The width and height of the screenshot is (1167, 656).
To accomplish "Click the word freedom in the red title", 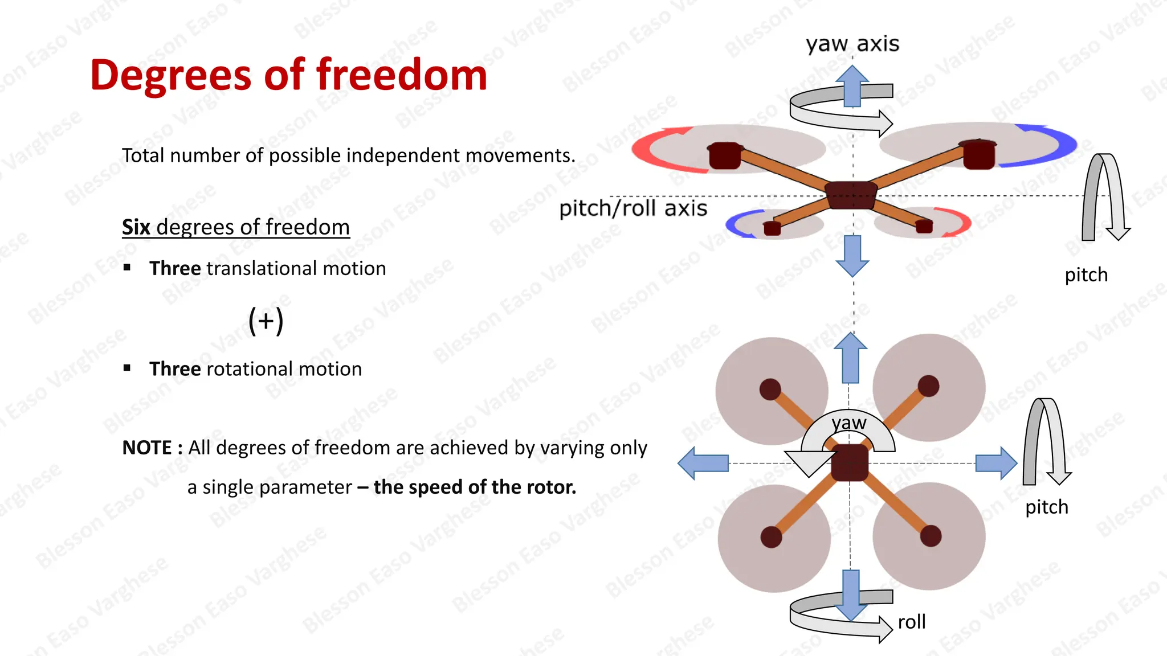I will (x=402, y=75).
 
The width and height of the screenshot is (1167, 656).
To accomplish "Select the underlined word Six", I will (x=136, y=227).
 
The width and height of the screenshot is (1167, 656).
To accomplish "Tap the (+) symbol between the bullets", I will (x=266, y=321).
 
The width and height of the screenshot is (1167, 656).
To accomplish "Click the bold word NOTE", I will (x=147, y=448).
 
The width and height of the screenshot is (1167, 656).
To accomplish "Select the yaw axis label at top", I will (x=852, y=44).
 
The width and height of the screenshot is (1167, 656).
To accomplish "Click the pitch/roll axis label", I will (x=633, y=208).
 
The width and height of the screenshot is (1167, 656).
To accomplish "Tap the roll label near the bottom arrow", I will (x=912, y=622).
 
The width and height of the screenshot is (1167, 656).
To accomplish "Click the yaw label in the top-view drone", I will (x=848, y=423).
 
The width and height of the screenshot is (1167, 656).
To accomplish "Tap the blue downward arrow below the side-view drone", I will (x=852, y=256).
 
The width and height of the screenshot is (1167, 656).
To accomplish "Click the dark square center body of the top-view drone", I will (x=849, y=463).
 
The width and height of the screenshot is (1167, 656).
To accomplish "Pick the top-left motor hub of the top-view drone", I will (x=770, y=389).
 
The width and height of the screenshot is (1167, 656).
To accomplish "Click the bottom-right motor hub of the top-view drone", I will (x=931, y=536).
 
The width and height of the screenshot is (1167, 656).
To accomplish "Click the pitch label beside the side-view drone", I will (x=1086, y=275).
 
